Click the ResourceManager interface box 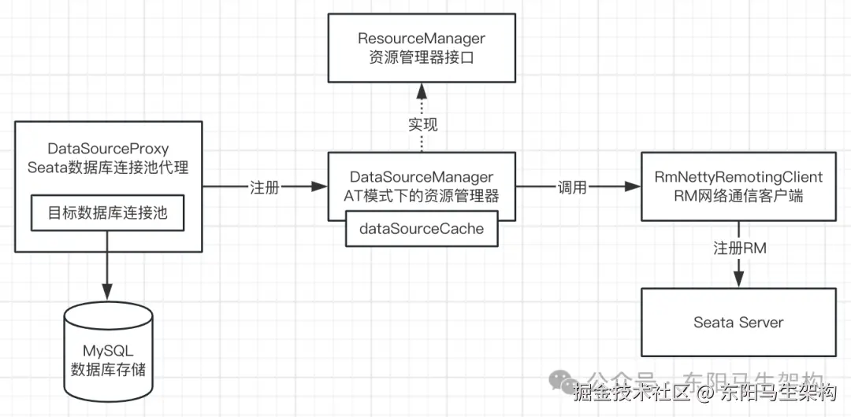pyautogui.click(x=422, y=48)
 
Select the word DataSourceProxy pyautogui.click(x=109, y=149)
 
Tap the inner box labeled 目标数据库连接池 pyautogui.click(x=109, y=213)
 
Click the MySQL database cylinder pyautogui.click(x=109, y=346)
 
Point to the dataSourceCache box pyautogui.click(x=422, y=229)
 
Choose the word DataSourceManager pyautogui.click(x=422, y=177)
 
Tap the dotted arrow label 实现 pyautogui.click(x=422, y=124)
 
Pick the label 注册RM pyautogui.click(x=740, y=248)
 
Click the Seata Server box pyautogui.click(x=738, y=322)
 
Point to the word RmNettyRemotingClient pyautogui.click(x=738, y=178)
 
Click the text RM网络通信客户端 pyautogui.click(x=738, y=196)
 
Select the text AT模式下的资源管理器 pyautogui.click(x=422, y=195)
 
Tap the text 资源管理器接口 pyautogui.click(x=422, y=57)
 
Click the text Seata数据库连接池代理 pyautogui.click(x=109, y=167)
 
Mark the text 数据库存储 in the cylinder pyautogui.click(x=109, y=369)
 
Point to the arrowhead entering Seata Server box pyautogui.click(x=738, y=280)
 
